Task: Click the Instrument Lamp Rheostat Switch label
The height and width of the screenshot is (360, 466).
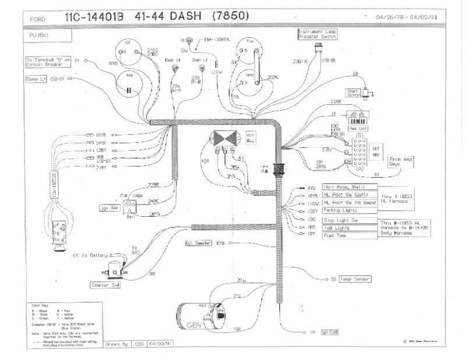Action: pos(319,34)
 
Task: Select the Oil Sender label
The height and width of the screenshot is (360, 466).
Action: pos(199,242)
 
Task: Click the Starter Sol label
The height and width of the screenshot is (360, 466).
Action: pos(105,285)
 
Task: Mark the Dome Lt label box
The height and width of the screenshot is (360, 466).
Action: pos(36,79)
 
